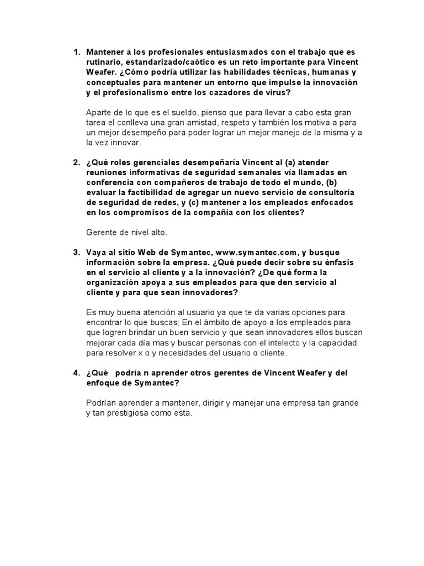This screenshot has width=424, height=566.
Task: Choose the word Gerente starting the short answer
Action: pos(102,232)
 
